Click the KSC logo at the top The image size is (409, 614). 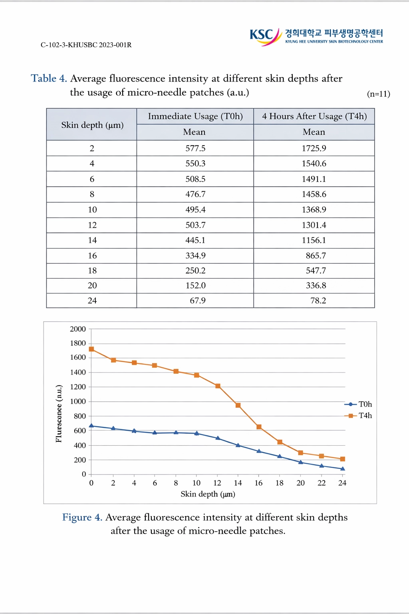tap(265, 36)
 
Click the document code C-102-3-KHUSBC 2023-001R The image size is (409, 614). tap(86, 45)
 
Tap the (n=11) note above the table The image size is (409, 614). tap(378, 94)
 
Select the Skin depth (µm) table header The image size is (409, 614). tap(92, 125)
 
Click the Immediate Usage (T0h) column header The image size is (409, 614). tap(195, 116)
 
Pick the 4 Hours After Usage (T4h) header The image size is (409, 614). tap(314, 116)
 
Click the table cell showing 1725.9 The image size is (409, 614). tap(314, 148)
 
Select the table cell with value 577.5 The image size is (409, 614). tap(195, 148)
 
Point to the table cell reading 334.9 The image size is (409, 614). tap(195, 255)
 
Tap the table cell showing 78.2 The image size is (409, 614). tap(318, 301)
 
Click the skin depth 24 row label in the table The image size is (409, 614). tap(92, 301)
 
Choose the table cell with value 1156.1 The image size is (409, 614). tap(314, 240)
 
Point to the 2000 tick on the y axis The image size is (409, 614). tap(78, 329)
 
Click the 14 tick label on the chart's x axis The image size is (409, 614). tap(238, 483)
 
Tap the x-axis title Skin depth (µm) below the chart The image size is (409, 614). tap(208, 494)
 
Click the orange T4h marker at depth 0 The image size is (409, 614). tap(91, 349)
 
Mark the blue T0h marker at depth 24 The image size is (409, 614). tap(343, 468)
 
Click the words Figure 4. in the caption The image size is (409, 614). tap(82, 517)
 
